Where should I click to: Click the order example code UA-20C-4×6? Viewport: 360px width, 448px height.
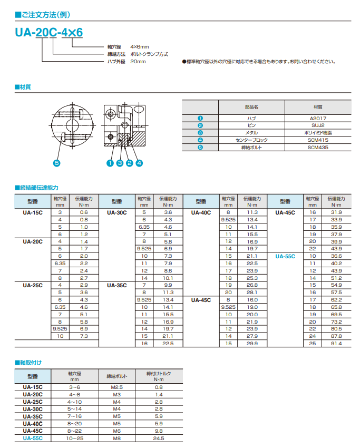[x=49, y=32]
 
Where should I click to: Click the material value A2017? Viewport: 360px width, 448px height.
[x=318, y=119]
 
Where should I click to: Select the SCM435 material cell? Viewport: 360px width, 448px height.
[x=318, y=148]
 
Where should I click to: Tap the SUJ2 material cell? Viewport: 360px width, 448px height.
[x=318, y=126]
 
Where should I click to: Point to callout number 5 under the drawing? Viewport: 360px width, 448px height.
[x=57, y=163]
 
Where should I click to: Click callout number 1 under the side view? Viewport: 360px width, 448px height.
[x=110, y=163]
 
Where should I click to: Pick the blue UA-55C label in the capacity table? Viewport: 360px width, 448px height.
[x=285, y=256]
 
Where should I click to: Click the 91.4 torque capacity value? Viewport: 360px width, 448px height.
[x=336, y=343]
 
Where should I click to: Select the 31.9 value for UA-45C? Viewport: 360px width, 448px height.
[x=336, y=212]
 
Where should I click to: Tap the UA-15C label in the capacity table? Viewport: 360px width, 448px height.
[x=33, y=212]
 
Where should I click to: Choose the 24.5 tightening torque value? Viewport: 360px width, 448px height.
[x=159, y=438]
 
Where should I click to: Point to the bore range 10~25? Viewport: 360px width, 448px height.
[x=74, y=438]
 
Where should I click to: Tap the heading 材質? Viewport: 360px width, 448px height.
[x=24, y=86]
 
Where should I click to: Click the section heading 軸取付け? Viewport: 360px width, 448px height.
[x=30, y=363]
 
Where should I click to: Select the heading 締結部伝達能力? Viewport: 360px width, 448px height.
[x=38, y=187]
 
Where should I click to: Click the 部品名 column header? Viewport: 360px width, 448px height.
[x=252, y=106]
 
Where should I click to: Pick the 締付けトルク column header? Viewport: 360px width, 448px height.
[x=159, y=376]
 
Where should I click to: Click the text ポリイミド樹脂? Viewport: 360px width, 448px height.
[x=318, y=133]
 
